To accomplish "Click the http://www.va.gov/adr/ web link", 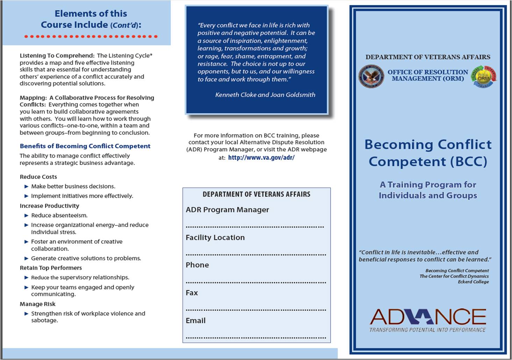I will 261,158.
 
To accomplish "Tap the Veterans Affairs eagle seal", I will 371,76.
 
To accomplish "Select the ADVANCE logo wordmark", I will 428,316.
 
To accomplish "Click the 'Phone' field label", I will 197,265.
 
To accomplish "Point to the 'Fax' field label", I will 192,293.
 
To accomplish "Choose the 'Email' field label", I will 195,321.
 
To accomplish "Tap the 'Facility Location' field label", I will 215,238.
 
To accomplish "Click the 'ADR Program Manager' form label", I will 227,210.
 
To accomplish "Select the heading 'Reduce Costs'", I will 38,177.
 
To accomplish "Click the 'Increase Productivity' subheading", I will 49,206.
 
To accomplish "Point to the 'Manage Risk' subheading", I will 37,304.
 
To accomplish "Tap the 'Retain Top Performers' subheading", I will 51,268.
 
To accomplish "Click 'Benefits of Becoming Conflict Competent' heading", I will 85,146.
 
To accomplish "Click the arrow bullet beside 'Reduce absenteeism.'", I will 26,216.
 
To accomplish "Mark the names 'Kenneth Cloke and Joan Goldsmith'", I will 265,95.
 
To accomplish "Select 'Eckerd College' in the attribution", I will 473,282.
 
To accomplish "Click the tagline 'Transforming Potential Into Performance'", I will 427,330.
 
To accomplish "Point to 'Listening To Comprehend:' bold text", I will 57,56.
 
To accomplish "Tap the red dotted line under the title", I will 91,36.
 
